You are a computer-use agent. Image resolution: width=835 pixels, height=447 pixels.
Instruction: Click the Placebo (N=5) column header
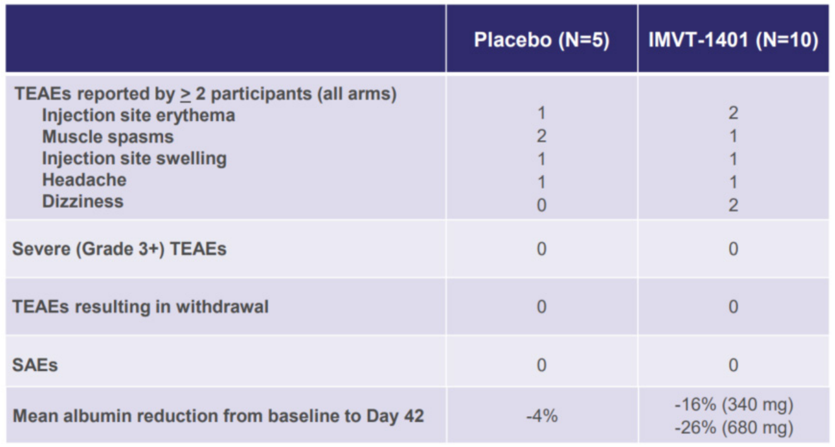click(x=542, y=40)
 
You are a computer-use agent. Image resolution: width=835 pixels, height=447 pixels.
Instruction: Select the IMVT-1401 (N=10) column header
click(x=733, y=40)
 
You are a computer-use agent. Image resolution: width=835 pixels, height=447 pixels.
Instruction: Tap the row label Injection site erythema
click(x=139, y=116)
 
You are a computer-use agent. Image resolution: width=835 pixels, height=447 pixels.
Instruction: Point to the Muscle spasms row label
click(x=108, y=137)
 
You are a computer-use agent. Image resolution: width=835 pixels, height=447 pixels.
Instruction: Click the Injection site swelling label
click(x=134, y=158)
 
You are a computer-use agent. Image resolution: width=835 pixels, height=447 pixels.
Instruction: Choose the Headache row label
click(x=84, y=180)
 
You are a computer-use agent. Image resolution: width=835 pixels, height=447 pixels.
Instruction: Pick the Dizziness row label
click(x=83, y=201)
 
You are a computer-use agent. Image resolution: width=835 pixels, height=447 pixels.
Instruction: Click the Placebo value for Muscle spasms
click(x=542, y=136)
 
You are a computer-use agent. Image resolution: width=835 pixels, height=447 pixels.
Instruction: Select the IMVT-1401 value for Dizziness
click(x=733, y=205)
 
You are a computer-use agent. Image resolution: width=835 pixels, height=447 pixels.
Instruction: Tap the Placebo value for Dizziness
click(x=542, y=205)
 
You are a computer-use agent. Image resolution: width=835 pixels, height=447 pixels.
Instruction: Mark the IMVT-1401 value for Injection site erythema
click(x=733, y=113)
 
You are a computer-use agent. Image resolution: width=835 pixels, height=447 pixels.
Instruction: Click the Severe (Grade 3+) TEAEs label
click(x=119, y=249)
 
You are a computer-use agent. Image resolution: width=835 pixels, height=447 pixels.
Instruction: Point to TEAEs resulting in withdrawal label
click(x=140, y=307)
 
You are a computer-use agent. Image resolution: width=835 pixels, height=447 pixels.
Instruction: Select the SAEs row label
click(x=35, y=365)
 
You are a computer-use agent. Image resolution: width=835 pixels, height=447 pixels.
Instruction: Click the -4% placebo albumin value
click(x=542, y=415)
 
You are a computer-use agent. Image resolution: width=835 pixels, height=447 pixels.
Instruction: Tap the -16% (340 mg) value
click(x=733, y=405)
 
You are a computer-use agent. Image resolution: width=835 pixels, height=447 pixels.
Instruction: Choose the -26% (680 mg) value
click(x=733, y=427)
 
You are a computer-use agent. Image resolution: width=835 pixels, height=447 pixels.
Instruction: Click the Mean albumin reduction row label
click(x=218, y=416)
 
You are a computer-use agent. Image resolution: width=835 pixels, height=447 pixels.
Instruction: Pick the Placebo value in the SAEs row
click(x=542, y=365)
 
